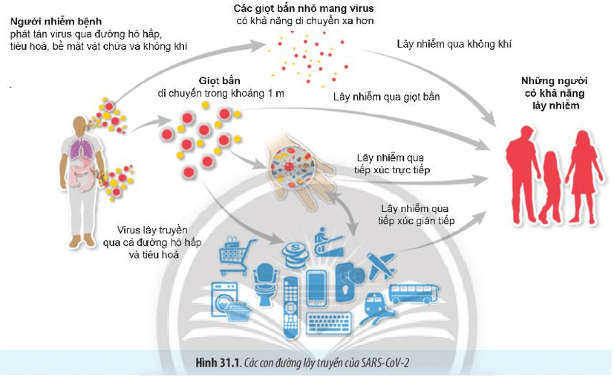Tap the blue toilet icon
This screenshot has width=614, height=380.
pyautogui.click(x=265, y=284)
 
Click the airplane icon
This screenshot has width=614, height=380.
pyautogui.click(x=381, y=265)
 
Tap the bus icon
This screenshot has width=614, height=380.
pyautogui.click(x=413, y=294)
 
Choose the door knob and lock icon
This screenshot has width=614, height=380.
pyautogui.click(x=349, y=281)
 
